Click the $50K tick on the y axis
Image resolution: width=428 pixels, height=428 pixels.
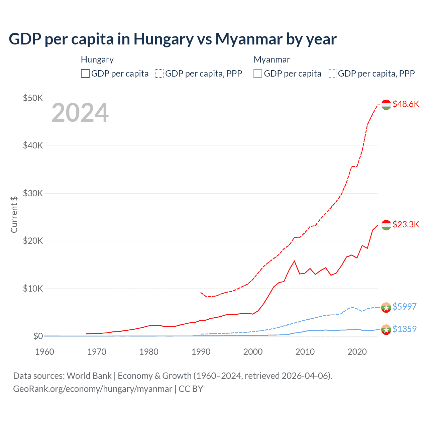pos(33,98)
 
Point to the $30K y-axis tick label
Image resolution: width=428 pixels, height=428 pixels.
pos(33,193)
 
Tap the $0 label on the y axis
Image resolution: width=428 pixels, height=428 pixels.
pos(38,336)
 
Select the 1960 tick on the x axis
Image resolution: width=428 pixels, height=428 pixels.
pos(44,352)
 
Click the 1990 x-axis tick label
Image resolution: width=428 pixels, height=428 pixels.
pos(201,352)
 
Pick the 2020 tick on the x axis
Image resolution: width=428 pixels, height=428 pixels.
pos(357,352)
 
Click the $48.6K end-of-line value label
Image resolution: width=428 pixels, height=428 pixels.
pos(406,104)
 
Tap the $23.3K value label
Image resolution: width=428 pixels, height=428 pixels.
pos(406,224)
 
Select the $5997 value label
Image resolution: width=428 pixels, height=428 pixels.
pos(404,307)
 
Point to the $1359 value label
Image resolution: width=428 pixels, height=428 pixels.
pos(404,329)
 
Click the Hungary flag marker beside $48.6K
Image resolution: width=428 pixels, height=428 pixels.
pos(386,104)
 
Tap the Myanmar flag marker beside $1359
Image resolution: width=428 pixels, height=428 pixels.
pos(386,329)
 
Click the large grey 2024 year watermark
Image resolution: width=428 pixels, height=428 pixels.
pos(80,113)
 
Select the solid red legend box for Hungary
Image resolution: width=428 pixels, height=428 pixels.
pos(85,74)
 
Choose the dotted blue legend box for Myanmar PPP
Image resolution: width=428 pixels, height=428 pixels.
pos(332,74)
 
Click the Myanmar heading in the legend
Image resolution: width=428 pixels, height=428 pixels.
pos(272,60)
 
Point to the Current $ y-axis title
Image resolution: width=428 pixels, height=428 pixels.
pos(14,214)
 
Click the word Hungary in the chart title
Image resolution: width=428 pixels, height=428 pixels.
pos(164,39)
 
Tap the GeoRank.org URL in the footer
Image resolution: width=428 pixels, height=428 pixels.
pos(93,389)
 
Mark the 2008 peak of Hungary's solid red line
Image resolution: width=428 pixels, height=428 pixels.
pos(294,261)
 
